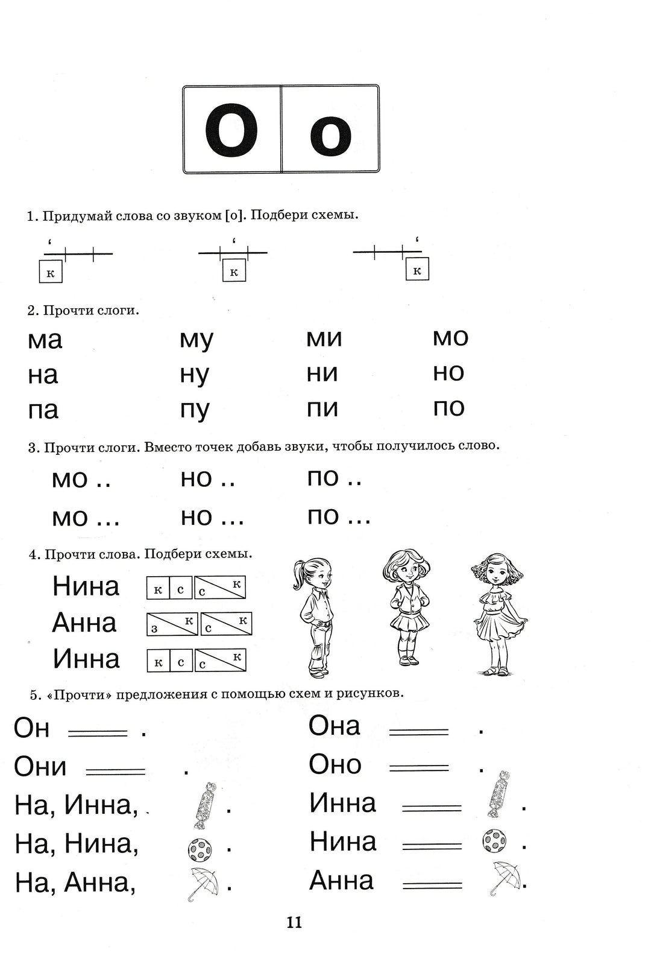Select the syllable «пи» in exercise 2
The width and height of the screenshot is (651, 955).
(x=322, y=409)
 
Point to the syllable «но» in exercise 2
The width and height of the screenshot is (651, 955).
(x=448, y=373)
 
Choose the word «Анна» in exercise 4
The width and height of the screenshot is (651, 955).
(x=84, y=623)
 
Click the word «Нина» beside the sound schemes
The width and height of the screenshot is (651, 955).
(x=86, y=586)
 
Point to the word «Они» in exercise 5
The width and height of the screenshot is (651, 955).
(x=40, y=767)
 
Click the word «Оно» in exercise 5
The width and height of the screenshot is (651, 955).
(x=335, y=765)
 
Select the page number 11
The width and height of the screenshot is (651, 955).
(x=294, y=922)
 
